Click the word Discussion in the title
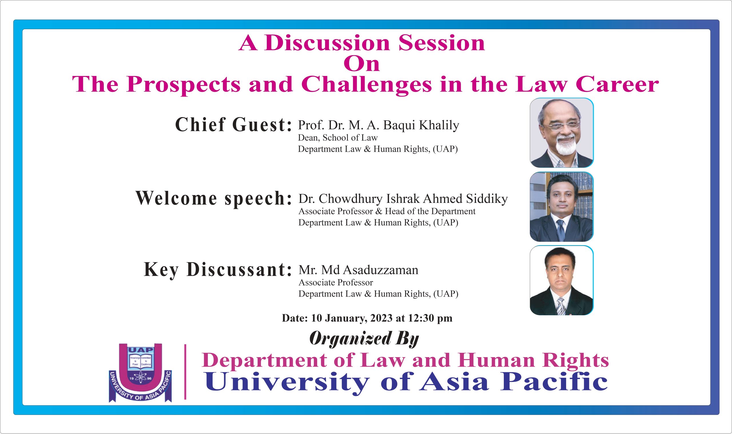click(x=327, y=43)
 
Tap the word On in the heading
click(x=361, y=64)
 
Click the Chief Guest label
click(x=233, y=125)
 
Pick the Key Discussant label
click(x=218, y=270)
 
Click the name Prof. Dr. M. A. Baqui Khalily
click(x=379, y=125)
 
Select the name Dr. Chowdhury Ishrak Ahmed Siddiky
click(x=403, y=199)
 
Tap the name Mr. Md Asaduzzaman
click(x=358, y=270)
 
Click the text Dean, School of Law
click(x=338, y=138)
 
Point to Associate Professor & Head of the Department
click(x=387, y=211)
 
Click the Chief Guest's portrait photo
click(x=562, y=133)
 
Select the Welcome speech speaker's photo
click(x=562, y=207)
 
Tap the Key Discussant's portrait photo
click(x=562, y=281)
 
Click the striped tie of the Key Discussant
click(x=561, y=306)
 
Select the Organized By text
click(x=364, y=339)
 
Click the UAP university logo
click(x=140, y=373)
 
